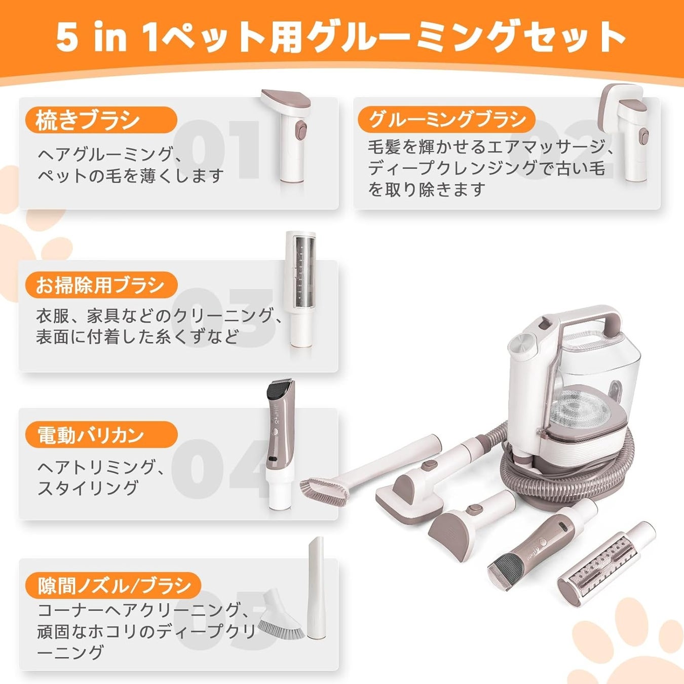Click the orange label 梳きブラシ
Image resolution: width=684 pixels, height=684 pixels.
click(x=101, y=120)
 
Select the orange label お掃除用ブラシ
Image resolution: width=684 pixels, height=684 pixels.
click(x=101, y=285)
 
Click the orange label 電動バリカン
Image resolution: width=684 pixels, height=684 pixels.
click(x=101, y=435)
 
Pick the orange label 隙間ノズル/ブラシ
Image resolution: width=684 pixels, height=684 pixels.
click(x=113, y=585)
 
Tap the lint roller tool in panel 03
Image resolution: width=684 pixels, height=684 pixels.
click(x=300, y=289)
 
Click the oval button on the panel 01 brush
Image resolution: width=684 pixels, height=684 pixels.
click(x=301, y=131)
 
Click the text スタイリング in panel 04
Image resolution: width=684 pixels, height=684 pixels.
click(x=88, y=488)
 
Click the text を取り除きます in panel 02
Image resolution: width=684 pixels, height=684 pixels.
click(x=426, y=189)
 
